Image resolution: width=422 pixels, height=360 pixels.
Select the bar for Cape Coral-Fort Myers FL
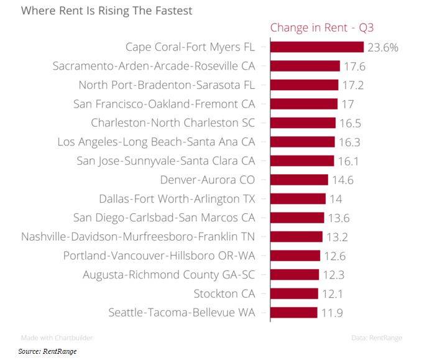pyautogui.click(x=316, y=47)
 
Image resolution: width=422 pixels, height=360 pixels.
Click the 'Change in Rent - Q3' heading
pyautogui.click(x=321, y=27)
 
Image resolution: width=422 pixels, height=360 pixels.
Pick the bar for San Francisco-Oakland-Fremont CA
pyautogui.click(x=303, y=104)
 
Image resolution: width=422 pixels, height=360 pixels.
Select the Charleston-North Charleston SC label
pyautogui.click(x=173, y=123)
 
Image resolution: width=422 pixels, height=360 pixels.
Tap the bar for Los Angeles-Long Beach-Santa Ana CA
pyautogui.click(x=302, y=142)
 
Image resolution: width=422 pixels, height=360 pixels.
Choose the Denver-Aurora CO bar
pyautogui.click(x=299, y=180)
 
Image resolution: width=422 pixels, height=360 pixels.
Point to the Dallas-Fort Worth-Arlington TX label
pyautogui.click(x=177, y=199)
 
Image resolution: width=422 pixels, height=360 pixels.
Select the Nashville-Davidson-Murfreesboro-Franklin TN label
pyautogui.click(x=138, y=237)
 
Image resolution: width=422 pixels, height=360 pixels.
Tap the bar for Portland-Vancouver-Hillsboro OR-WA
pyautogui.click(x=295, y=256)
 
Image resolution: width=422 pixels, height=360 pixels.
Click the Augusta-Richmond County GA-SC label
pyautogui.click(x=169, y=275)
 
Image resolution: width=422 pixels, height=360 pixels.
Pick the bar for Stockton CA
pyautogui.click(x=294, y=293)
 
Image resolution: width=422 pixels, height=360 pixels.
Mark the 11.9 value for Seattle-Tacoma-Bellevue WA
pyautogui.click(x=333, y=313)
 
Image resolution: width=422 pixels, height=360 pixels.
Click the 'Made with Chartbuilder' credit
pyautogui.click(x=57, y=338)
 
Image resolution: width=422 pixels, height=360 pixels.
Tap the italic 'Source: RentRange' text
pyautogui.click(x=47, y=351)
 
